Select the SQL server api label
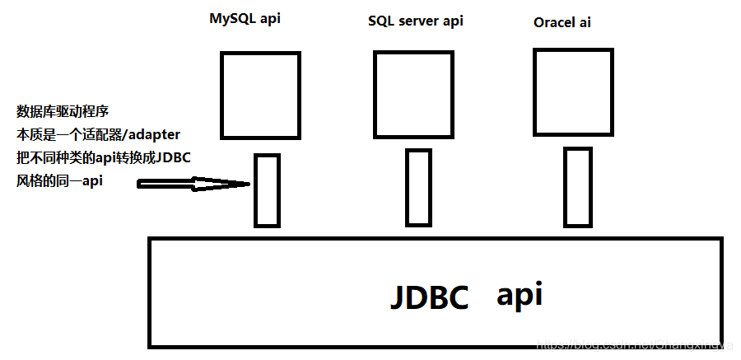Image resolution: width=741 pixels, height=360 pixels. coord(415,21)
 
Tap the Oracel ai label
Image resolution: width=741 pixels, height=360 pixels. coord(562,22)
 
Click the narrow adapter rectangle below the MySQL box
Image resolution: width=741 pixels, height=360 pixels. coord(266,190)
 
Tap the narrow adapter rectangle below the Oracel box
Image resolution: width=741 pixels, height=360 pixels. coord(577,186)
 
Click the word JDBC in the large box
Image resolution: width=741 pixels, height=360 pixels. coord(428,297)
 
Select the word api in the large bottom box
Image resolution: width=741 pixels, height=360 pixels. coord(519,294)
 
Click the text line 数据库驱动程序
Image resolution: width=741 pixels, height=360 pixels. coord(63,111)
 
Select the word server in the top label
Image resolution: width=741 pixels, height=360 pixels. coord(420,21)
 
